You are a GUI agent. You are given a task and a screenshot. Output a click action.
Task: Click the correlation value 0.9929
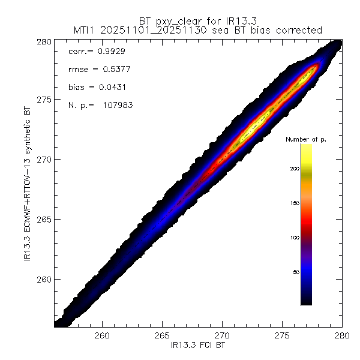[x=112, y=52]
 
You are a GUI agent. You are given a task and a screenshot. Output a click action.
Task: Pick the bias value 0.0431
[x=109, y=88]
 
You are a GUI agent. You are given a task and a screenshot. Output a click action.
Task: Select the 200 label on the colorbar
[x=293, y=169]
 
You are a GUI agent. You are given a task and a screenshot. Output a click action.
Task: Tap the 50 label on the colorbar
[x=295, y=272]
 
